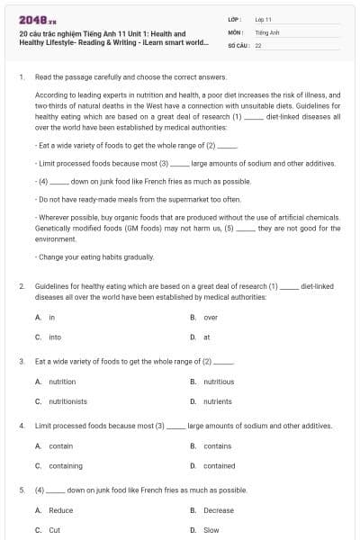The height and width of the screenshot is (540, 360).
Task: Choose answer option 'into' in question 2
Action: tap(55, 337)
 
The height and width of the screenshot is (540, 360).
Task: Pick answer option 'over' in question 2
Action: tap(210, 318)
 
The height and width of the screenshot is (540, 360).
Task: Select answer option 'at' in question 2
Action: tap(207, 337)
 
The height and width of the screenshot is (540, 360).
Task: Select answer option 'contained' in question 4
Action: tap(219, 466)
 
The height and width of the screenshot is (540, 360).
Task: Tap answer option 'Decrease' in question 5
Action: tap(219, 510)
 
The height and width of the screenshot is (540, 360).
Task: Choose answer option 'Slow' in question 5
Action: tap(211, 530)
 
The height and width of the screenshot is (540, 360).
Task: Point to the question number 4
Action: tap(21, 425)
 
